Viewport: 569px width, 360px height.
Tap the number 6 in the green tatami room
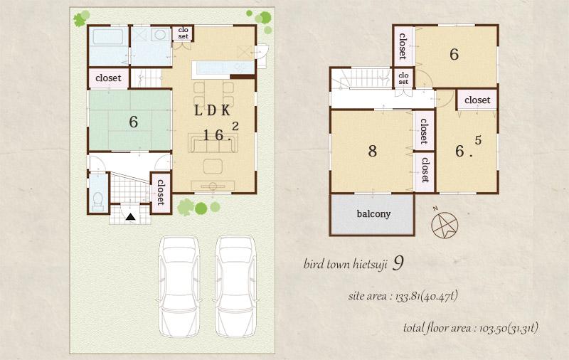(133, 122)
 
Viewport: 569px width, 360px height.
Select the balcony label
(373, 214)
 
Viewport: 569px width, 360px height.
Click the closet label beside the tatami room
(108, 78)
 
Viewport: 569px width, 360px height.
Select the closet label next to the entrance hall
(161, 191)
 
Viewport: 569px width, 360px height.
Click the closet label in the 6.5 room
(477, 100)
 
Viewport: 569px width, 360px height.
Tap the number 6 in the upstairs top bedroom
(454, 54)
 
